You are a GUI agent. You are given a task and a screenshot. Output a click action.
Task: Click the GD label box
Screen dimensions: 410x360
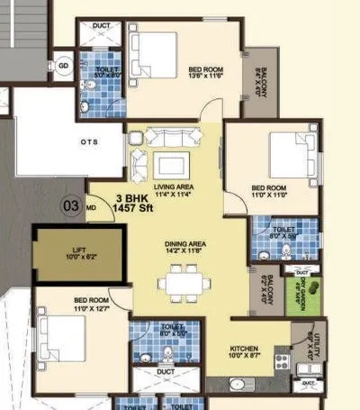coord(63,66)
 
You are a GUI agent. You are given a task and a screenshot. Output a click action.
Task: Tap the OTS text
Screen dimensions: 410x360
coord(89,141)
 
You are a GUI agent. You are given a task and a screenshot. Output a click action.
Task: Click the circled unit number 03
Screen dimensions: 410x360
coord(69,205)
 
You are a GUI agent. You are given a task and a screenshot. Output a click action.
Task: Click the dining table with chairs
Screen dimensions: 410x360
coord(184,285)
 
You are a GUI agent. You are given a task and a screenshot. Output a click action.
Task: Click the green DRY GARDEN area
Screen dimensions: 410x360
coord(298,294)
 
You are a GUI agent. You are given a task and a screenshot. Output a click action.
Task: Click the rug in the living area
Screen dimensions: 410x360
coord(170,165)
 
